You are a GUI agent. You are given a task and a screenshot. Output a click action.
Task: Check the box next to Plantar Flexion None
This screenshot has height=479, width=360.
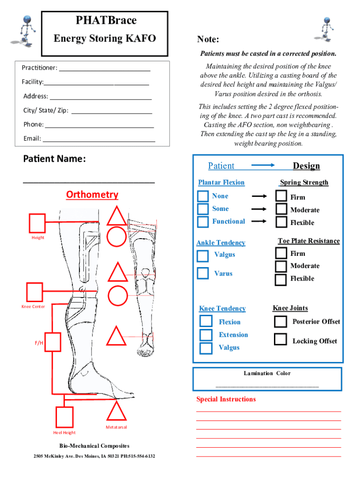(203, 196)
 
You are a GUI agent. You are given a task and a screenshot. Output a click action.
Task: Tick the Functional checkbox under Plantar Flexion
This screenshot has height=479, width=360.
(203, 221)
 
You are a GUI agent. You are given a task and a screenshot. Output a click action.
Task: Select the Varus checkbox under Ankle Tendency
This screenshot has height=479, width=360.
(203, 273)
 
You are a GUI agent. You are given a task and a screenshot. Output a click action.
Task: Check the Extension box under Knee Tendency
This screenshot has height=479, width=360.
(206, 335)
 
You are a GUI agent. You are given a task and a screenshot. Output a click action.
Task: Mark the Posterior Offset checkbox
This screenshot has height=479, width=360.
(281, 322)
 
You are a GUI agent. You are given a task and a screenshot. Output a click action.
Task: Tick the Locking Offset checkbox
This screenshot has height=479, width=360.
(281, 339)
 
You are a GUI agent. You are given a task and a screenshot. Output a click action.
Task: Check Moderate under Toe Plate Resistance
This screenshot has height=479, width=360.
(281, 266)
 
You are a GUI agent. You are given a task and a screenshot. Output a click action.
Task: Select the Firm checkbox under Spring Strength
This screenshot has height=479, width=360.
(281, 196)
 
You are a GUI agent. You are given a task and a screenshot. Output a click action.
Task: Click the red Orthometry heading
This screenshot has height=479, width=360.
(92, 195)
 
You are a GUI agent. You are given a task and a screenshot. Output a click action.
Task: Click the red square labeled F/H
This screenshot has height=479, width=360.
(53, 342)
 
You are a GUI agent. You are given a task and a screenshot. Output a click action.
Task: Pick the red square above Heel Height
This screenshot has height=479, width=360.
(65, 417)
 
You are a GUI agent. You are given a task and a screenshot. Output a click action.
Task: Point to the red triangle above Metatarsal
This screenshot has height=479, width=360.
(116, 412)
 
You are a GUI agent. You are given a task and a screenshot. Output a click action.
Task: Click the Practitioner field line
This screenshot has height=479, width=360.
(105, 70)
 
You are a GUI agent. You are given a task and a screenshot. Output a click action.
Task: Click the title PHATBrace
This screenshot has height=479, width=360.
(106, 21)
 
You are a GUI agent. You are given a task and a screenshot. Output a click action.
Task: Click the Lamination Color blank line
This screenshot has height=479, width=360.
(267, 386)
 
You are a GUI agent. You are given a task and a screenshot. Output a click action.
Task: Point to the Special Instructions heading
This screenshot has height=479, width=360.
(226, 399)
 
